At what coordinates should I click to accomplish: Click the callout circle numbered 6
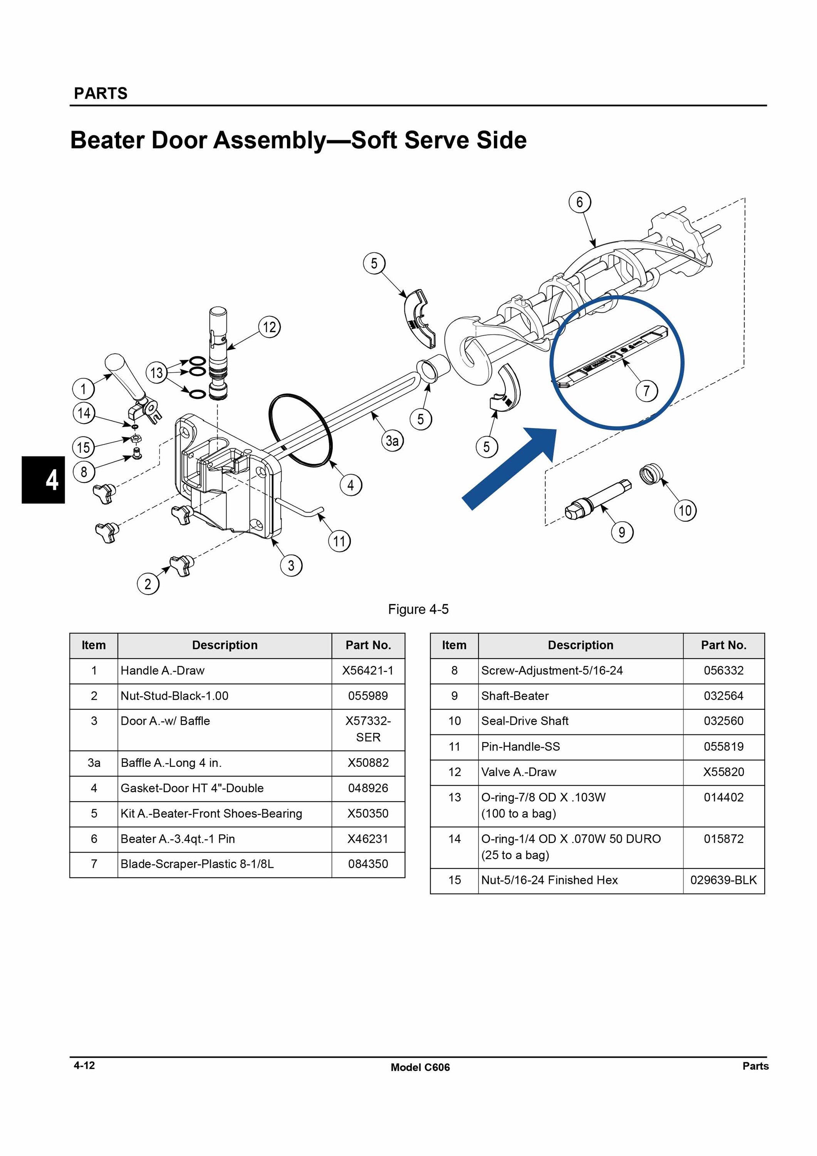pyautogui.click(x=579, y=202)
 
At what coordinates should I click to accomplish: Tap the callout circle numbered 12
pyautogui.click(x=269, y=327)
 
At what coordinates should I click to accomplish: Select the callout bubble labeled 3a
pyautogui.click(x=392, y=441)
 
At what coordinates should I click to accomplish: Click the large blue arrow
pyautogui.click(x=508, y=468)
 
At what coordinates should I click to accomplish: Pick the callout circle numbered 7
pyautogui.click(x=646, y=391)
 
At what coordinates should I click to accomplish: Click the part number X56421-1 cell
pyautogui.click(x=368, y=670)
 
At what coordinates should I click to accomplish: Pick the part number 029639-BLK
pyautogui.click(x=723, y=880)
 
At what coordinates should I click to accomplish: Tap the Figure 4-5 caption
pyautogui.click(x=418, y=609)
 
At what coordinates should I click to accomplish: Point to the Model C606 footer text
pyautogui.click(x=420, y=1067)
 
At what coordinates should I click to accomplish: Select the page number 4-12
pyautogui.click(x=84, y=1065)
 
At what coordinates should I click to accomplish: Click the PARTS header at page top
pyautogui.click(x=101, y=94)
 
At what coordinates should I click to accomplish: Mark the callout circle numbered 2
pyautogui.click(x=148, y=584)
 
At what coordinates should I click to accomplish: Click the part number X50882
pyautogui.click(x=368, y=763)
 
